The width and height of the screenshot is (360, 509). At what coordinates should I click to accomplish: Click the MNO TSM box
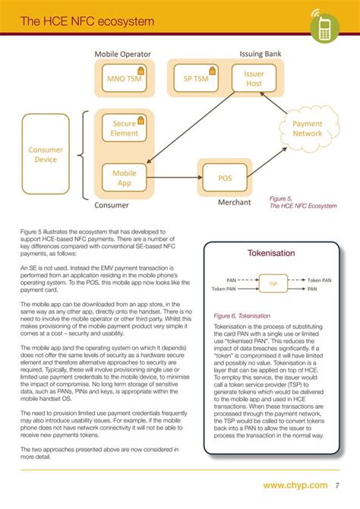point(123,79)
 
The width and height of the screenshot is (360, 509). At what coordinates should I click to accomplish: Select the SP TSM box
point(196,79)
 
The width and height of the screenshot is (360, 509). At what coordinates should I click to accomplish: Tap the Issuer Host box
point(254,79)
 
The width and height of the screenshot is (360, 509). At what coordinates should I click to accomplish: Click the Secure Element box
point(124,128)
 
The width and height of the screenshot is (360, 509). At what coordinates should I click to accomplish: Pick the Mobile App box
point(124,178)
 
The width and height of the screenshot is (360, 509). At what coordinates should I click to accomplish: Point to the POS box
point(225,178)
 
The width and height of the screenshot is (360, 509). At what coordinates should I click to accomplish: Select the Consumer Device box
point(46,155)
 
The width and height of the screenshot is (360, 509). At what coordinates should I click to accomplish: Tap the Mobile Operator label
point(122,55)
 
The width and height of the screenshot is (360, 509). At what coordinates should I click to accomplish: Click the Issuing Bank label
point(261,55)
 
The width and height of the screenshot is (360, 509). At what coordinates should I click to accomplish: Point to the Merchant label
point(235,204)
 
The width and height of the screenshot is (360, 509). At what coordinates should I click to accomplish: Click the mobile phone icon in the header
point(324,28)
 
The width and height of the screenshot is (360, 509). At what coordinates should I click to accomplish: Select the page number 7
point(336,484)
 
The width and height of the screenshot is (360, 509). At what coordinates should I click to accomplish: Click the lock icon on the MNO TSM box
point(141,71)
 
